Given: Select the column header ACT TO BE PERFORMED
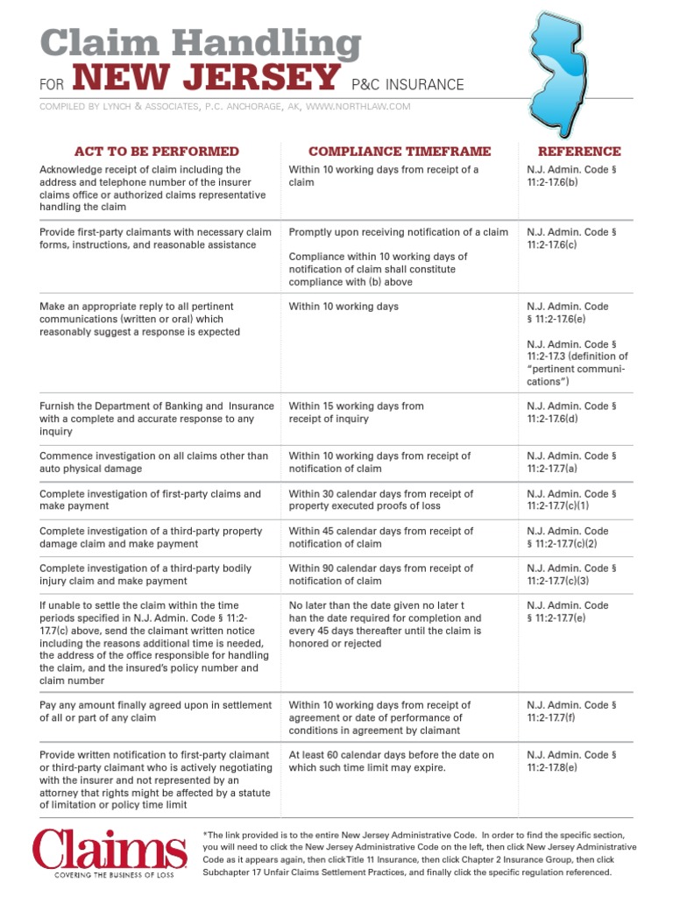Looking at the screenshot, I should click(157, 152).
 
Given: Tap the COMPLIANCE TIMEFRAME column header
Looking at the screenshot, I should click(400, 152).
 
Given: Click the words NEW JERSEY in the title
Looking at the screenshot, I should click(205, 80).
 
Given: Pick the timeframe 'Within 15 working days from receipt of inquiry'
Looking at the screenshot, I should click(356, 413).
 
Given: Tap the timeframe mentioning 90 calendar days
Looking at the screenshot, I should click(380, 575).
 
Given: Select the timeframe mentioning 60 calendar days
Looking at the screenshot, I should click(391, 761).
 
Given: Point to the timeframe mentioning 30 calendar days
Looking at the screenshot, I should click(380, 500).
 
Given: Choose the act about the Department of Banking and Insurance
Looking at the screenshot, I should click(157, 419).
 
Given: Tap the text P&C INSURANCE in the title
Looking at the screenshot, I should click(407, 85).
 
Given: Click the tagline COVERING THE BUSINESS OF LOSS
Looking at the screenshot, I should click(110, 875).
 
